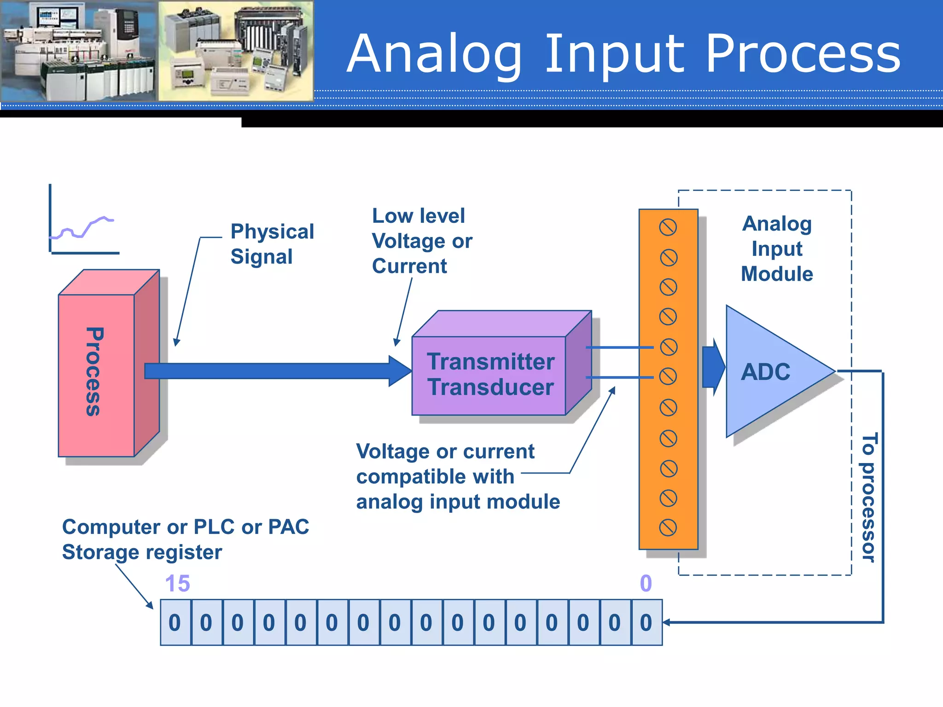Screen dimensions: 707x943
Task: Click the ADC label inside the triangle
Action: click(x=765, y=372)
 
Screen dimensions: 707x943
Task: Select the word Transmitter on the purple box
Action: click(x=490, y=362)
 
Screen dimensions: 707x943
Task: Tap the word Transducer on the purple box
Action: click(x=490, y=388)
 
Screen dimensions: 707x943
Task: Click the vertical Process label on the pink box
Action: click(x=94, y=372)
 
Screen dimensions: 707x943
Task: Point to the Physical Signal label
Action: click(x=272, y=244)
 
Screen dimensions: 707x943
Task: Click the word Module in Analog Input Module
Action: click(x=777, y=274)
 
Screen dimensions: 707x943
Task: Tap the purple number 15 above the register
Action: click(x=177, y=584)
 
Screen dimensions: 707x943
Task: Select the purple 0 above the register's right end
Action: click(x=646, y=584)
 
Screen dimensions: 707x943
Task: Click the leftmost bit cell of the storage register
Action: click(x=175, y=623)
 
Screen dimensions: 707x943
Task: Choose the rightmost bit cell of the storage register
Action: click(x=646, y=623)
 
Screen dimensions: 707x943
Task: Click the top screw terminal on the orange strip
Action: click(x=668, y=227)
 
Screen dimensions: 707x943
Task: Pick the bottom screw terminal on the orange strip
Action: click(x=668, y=528)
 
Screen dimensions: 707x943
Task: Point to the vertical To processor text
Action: click(x=868, y=497)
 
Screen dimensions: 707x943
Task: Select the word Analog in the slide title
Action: click(x=434, y=54)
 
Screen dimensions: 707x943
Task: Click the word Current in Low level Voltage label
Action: click(x=409, y=267)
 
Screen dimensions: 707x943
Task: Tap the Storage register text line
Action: click(x=142, y=552)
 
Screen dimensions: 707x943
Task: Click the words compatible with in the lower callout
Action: click(x=435, y=477)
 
